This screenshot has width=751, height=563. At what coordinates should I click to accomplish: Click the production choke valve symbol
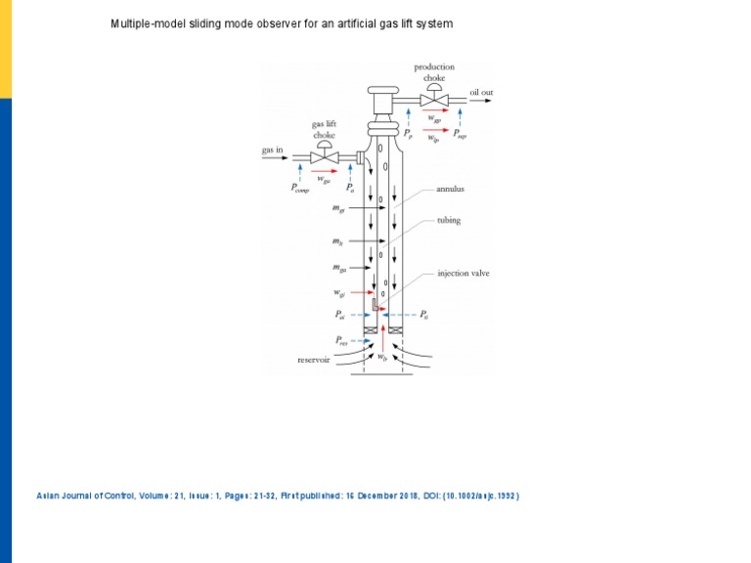coord(434,100)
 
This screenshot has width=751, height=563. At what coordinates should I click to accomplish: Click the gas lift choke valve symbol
coord(324,157)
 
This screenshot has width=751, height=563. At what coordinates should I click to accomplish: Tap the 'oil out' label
coord(481,93)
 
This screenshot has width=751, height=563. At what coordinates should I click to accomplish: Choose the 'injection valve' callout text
coord(463,274)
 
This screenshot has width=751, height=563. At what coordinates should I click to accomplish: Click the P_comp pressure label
coord(300,190)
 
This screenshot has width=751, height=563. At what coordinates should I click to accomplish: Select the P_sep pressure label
coord(459,136)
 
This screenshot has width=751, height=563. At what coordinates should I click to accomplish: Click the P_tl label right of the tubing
coord(423,315)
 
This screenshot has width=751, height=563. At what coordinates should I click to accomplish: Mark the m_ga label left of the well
coord(339,267)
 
